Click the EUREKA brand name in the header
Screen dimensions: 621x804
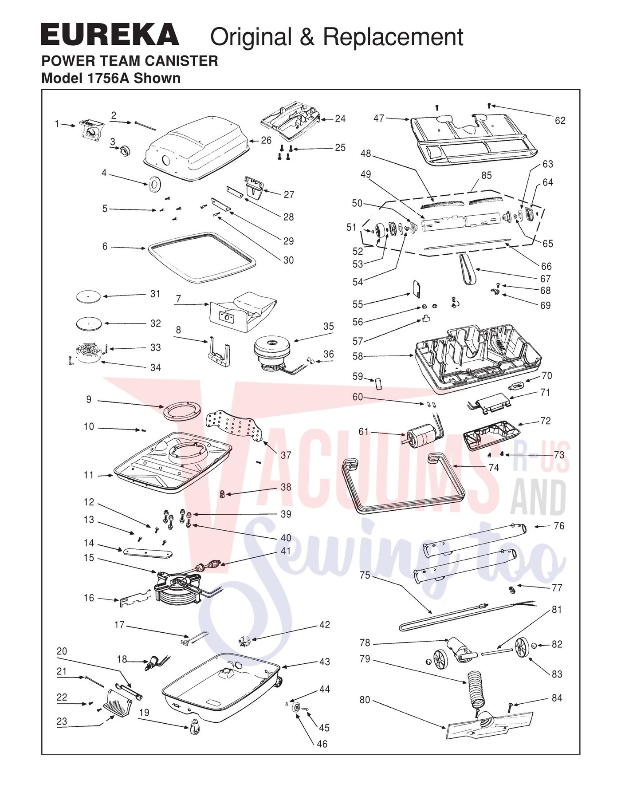point(110,35)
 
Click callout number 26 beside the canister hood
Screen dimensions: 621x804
point(266,140)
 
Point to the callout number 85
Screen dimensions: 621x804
point(487,175)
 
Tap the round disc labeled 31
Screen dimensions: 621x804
point(88,297)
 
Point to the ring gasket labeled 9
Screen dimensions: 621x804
point(182,411)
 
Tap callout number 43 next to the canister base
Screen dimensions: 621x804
point(325,662)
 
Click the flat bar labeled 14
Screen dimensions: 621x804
point(147,552)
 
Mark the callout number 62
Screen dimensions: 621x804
point(560,121)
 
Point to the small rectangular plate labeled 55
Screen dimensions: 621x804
point(416,288)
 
